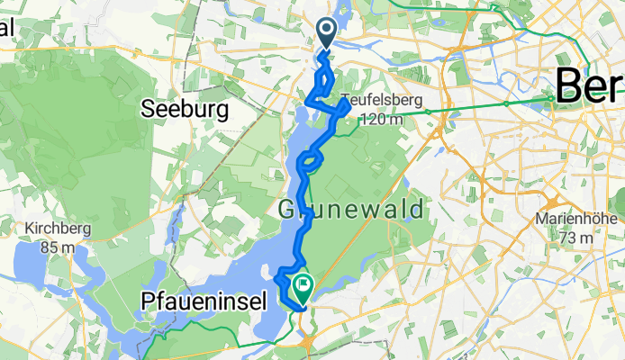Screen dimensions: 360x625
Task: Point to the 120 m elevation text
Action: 382,118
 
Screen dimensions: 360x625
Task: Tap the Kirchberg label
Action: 59,228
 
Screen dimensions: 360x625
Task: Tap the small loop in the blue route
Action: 308,162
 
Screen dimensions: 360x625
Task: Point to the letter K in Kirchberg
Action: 31,228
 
